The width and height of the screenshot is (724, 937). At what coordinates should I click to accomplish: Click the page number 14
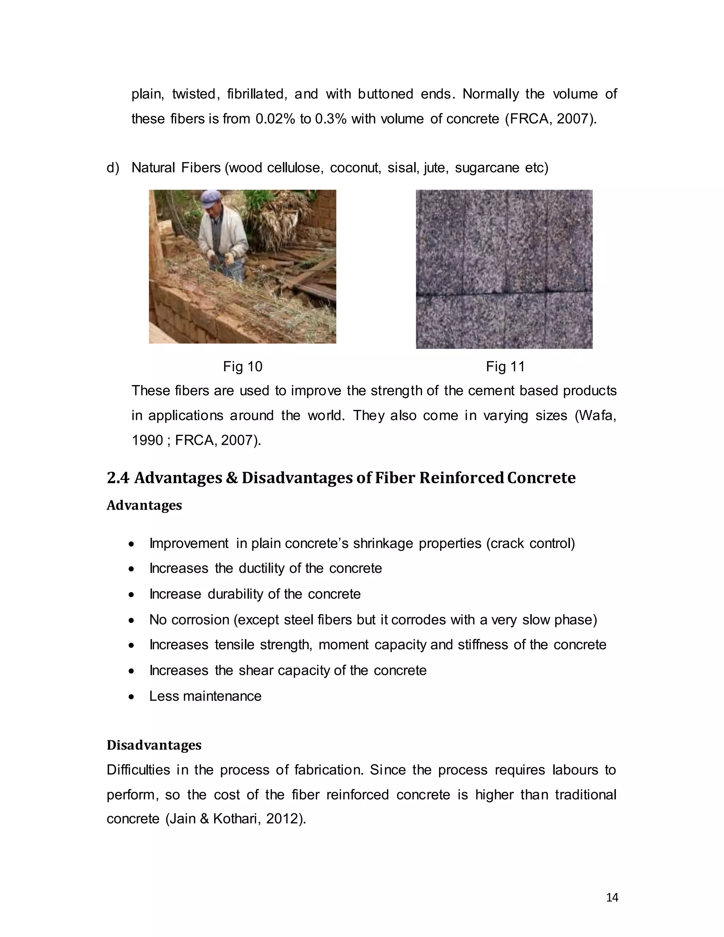point(612,897)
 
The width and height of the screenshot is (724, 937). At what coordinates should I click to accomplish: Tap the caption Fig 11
point(505,367)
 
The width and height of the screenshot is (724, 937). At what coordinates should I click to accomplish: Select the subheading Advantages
point(144,505)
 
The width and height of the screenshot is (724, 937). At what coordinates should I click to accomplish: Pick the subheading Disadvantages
point(153,745)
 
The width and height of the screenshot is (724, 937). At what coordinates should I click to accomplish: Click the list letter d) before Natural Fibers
point(113,168)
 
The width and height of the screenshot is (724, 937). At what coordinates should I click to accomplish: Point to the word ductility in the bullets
point(262,569)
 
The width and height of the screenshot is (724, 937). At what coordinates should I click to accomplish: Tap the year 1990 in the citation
point(147,441)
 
